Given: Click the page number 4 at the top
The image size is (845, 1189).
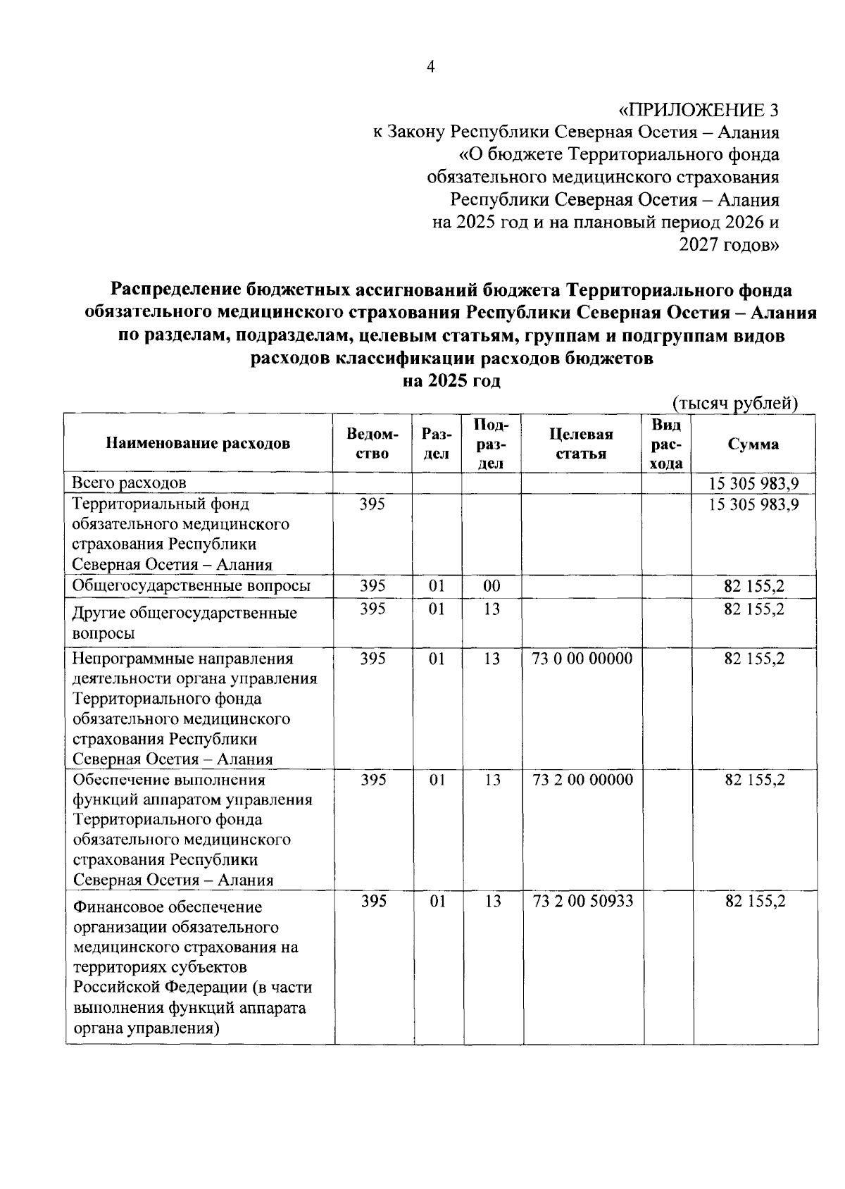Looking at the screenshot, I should click(431, 66).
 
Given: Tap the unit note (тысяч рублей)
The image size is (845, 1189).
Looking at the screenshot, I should click(735, 404).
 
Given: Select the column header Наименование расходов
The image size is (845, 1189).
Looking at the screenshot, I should click(198, 444).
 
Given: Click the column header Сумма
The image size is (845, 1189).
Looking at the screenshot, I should click(753, 444).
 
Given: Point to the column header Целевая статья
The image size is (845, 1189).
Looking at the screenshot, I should click(581, 444).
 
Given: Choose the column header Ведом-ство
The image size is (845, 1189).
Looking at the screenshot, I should click(373, 444).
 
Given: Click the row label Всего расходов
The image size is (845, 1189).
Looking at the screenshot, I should click(130, 483).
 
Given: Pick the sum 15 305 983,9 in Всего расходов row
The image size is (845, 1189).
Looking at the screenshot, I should click(754, 483).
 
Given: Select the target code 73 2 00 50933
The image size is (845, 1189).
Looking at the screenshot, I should click(583, 901).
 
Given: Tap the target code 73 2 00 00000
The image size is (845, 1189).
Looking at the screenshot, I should click(583, 780).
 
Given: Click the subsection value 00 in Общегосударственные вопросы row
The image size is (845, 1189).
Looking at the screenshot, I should click(492, 586).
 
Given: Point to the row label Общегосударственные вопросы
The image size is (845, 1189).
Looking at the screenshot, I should click(192, 586).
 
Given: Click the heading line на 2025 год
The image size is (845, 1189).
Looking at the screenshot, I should click(451, 381).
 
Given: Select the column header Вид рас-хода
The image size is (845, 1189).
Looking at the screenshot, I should click(666, 444).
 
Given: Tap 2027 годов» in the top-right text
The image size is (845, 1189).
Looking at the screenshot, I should click(729, 245).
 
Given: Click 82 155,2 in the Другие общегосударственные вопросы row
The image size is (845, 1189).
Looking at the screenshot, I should click(754, 609).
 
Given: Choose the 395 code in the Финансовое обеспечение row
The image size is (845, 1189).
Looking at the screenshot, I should click(373, 901).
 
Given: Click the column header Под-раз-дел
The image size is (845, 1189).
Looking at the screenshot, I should click(492, 444).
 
